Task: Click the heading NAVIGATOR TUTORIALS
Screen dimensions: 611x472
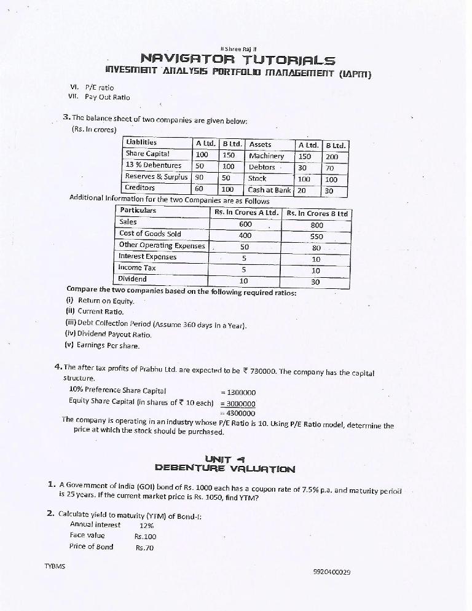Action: [238, 60]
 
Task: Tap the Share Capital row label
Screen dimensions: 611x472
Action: [147, 154]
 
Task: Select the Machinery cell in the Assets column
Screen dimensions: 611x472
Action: [266, 156]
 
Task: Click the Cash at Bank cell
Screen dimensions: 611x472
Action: [269, 190]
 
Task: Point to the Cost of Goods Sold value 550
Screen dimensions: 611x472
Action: [317, 235]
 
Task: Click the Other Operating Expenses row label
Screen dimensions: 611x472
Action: [162, 245]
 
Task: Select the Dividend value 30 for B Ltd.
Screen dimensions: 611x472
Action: [316, 282]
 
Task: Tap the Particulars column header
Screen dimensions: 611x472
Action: [138, 211]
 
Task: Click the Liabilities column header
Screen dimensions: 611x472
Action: [141, 143]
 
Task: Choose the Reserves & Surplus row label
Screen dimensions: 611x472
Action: [156, 177]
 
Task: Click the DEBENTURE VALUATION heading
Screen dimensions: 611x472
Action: [225, 468]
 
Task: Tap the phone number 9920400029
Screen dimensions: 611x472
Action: [332, 571]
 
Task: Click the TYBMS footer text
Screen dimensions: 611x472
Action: [55, 566]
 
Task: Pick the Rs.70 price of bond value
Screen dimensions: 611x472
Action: [145, 547]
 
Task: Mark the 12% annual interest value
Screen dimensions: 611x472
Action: [147, 525]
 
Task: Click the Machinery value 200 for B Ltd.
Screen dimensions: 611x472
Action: [332, 157]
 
